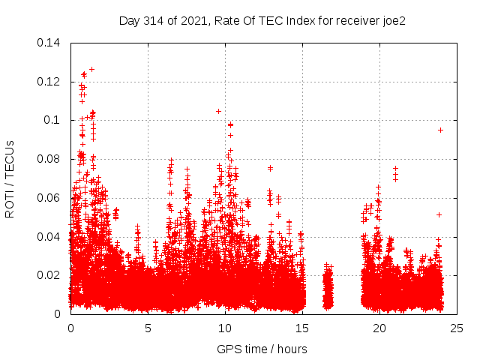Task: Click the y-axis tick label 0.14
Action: tap(49, 42)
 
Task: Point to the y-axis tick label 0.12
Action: tap(49, 81)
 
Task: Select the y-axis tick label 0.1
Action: tap(55, 120)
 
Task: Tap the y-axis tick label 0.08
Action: tap(49, 159)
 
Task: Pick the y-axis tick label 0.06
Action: tap(49, 198)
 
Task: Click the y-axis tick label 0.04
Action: tap(49, 237)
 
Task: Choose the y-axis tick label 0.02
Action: tap(49, 275)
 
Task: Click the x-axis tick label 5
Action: tap(148, 328)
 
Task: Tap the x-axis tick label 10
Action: tap(225, 328)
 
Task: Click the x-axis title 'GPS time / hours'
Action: tap(262, 349)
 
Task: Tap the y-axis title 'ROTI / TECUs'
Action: tap(10, 178)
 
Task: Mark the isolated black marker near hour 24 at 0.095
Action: tap(441, 130)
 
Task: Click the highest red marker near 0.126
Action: tap(91, 69)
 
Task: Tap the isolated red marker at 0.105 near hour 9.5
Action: tap(218, 111)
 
